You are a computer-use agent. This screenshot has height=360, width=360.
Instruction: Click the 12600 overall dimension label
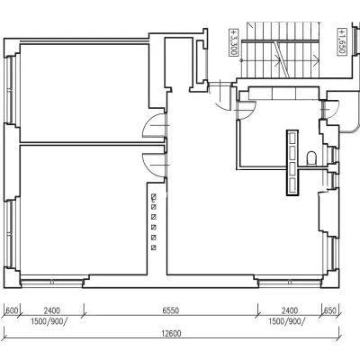click(x=171, y=333)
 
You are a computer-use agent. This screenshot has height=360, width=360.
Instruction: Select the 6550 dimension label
click(x=171, y=310)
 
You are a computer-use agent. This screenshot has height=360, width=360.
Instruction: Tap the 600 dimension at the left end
click(x=12, y=310)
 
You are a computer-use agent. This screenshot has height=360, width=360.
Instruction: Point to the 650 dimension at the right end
click(x=330, y=310)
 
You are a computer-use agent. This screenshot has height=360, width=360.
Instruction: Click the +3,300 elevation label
click(x=233, y=42)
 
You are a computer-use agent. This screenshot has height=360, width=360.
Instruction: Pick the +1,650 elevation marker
click(x=341, y=41)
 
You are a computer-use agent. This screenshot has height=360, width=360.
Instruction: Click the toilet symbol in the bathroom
click(x=311, y=158)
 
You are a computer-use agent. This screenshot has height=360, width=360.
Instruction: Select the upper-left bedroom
click(x=85, y=94)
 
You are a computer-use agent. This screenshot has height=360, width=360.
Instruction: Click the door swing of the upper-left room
click(x=153, y=126)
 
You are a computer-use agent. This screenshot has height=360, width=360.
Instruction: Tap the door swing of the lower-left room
click(x=153, y=166)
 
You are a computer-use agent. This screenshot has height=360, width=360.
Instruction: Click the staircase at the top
click(x=281, y=49)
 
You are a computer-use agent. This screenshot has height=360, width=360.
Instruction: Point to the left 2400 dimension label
click(x=52, y=310)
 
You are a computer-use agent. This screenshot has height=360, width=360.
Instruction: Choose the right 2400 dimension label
click(x=290, y=310)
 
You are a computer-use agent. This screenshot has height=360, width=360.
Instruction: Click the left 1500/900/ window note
click(x=49, y=321)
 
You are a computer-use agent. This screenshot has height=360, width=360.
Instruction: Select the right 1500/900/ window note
click(x=287, y=321)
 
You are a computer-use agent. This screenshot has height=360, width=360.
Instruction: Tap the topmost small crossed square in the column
click(x=154, y=197)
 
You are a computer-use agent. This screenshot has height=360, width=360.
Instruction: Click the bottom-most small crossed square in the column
click(x=154, y=247)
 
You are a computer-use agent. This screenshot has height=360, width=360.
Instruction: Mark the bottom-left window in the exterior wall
click(x=51, y=282)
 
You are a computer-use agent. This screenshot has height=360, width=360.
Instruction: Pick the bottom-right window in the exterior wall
click(x=290, y=282)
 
